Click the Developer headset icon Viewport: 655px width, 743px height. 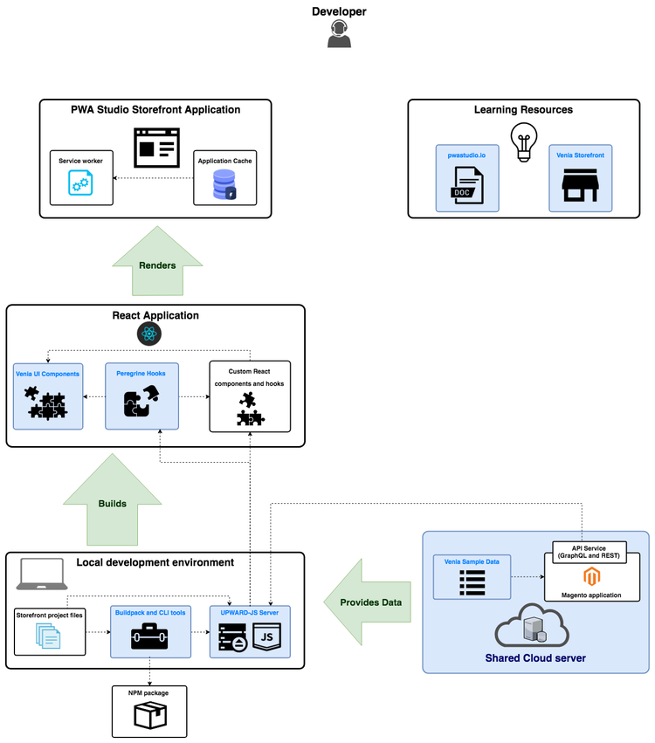click(339, 35)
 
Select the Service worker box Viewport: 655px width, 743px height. click(81, 178)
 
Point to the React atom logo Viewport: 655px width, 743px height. click(150, 334)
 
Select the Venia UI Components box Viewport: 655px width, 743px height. click(48, 396)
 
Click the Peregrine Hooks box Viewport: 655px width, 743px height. click(141, 396)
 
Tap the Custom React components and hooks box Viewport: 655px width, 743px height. click(250, 396)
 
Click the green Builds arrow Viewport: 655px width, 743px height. click(111, 504)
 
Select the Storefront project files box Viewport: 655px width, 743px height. click(51, 630)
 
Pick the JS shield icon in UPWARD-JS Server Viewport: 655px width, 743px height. click(266, 640)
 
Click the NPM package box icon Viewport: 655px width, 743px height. click(149, 716)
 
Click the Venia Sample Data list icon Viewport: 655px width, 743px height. click(472, 582)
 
